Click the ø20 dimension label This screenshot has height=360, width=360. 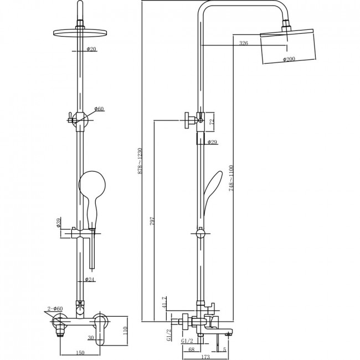pos(91,49)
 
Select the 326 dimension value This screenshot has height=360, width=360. pos(244,43)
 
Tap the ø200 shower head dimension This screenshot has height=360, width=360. pos(289,59)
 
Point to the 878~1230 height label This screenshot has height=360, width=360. pos(140,161)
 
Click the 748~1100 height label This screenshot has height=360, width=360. pos(231,178)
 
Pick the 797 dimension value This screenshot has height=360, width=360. pos(152,220)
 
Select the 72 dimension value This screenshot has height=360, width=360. pos(212,121)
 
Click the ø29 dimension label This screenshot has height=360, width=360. pos(212,142)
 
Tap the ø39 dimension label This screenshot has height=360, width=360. pos(58,222)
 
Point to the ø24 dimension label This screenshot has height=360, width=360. pos(90,279)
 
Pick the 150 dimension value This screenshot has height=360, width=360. pos(80,353)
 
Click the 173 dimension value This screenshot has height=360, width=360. pos(205,357)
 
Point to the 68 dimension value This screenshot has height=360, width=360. pos(191,349)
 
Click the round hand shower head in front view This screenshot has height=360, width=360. pos(92,184)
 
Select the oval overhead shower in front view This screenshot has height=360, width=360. pos(80,33)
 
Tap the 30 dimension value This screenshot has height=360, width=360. pos(91,338)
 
